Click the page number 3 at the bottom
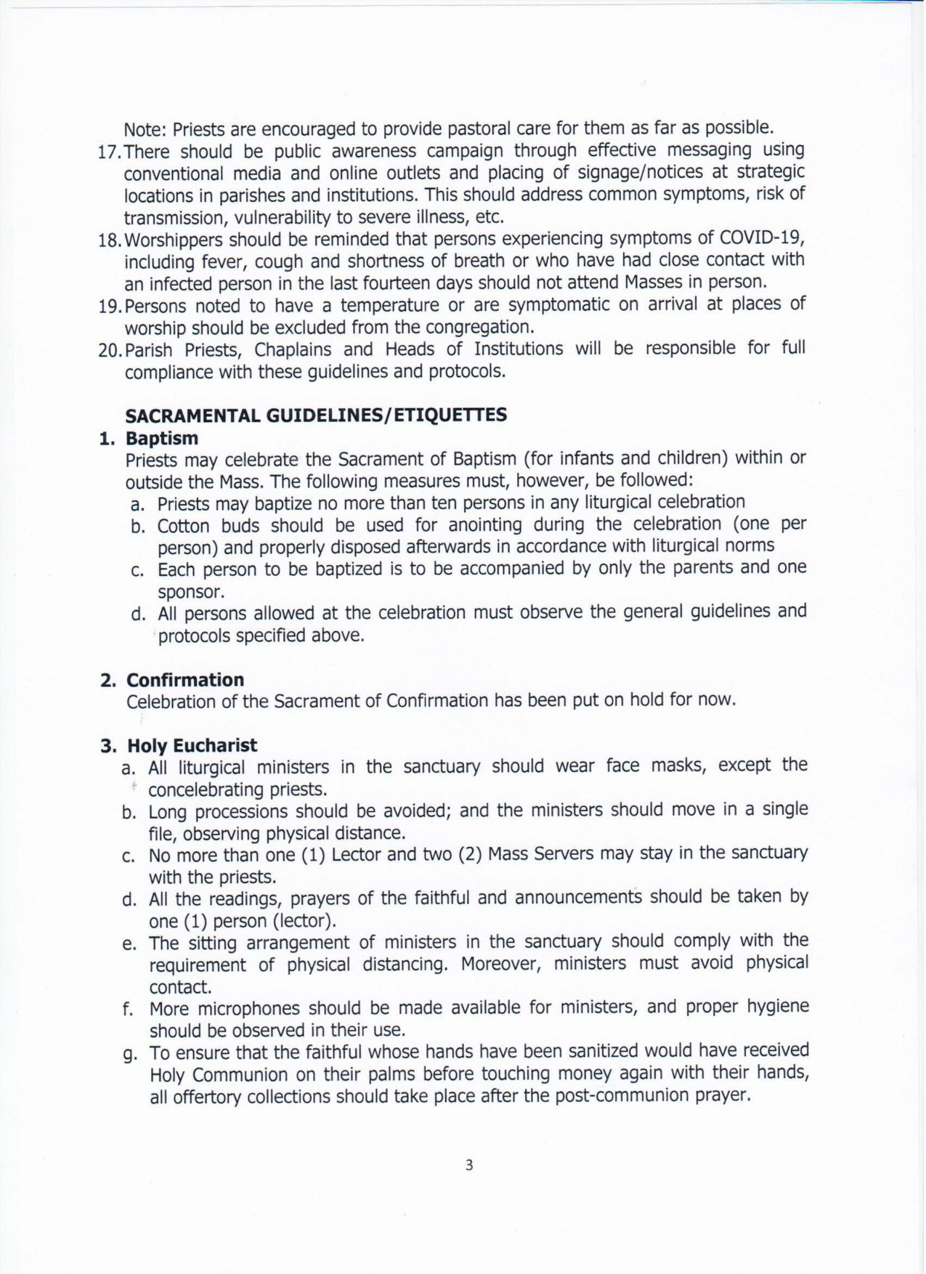pos(468,1165)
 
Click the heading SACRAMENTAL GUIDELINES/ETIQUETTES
pos(316,415)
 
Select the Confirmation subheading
pos(185,680)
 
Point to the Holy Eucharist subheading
pos(192,745)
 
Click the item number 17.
pos(110,153)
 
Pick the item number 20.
pos(110,350)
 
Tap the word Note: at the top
pos(145,130)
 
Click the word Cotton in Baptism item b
pos(184,525)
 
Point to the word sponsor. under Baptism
pos(191,591)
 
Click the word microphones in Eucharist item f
pos(249,1009)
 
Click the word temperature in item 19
pos(389,305)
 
